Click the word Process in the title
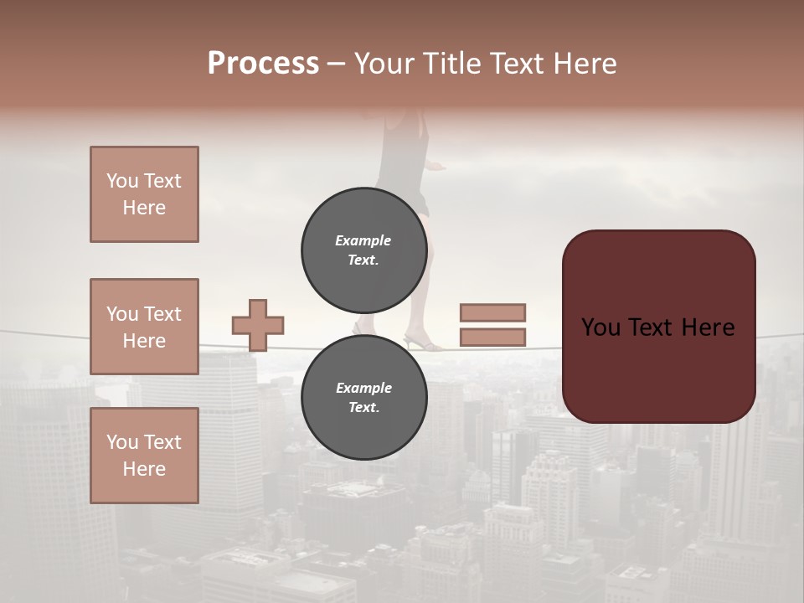[x=263, y=64]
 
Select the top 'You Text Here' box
[x=144, y=194]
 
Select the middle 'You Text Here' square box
[x=144, y=327]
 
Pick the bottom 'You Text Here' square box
[x=144, y=455]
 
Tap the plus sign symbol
[x=258, y=325]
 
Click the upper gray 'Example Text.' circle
[x=363, y=250]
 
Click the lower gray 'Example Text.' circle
[x=363, y=397]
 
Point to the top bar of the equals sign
[x=492, y=312]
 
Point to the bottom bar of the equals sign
[x=492, y=337]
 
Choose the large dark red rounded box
[x=658, y=327]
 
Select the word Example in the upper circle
[x=363, y=240]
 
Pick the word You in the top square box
[x=122, y=181]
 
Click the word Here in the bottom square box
[x=144, y=469]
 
